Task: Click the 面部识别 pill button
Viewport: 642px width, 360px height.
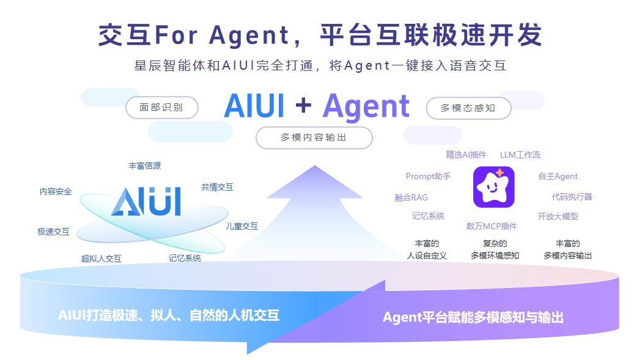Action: click(162, 108)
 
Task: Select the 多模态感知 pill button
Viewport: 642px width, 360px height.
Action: click(468, 108)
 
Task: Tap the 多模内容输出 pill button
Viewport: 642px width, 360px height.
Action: click(314, 138)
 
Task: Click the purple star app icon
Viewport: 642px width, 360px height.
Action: click(494, 187)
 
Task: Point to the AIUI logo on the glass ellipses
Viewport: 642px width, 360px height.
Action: click(146, 202)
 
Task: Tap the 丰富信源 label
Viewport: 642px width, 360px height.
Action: click(145, 166)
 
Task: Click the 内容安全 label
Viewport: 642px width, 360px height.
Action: click(56, 191)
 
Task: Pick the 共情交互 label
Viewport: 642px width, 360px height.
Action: click(217, 187)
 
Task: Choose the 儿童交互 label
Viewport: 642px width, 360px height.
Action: click(242, 226)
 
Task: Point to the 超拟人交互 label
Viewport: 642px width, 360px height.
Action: click(101, 259)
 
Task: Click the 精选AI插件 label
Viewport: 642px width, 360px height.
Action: click(467, 155)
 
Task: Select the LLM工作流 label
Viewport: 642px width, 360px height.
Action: click(520, 155)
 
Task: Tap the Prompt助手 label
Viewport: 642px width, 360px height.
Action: click(428, 177)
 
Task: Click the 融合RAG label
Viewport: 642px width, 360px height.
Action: click(411, 197)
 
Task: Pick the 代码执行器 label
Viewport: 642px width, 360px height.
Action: click(572, 197)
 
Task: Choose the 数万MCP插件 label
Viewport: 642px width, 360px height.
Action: click(492, 226)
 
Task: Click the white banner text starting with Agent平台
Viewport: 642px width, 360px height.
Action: click(473, 317)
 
